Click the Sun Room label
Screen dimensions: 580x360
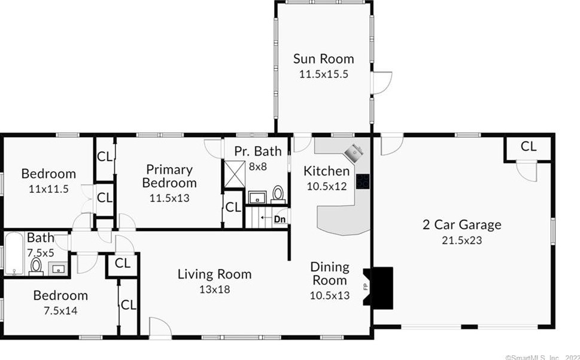[x=323, y=59]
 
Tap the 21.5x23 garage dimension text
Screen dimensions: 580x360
[x=462, y=240]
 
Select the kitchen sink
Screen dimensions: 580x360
[x=354, y=152]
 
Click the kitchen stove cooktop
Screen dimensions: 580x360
[x=363, y=181]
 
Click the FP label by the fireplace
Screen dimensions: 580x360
[x=366, y=286]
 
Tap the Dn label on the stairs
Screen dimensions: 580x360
[x=280, y=219]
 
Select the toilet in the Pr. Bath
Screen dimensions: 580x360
[x=278, y=195]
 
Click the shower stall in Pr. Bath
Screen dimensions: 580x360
[x=235, y=174]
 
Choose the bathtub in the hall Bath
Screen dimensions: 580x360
[x=14, y=254]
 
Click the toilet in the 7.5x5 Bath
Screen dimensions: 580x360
[x=36, y=267]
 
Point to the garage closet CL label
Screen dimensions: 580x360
[x=528, y=147]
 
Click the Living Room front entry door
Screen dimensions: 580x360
[x=160, y=328]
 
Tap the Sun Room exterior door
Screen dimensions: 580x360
[x=381, y=83]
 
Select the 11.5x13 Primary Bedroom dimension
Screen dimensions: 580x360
[x=169, y=198]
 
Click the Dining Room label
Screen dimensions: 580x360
[x=330, y=273]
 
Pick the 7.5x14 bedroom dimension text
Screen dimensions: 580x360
[x=60, y=311]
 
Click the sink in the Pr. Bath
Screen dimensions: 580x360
[x=257, y=197]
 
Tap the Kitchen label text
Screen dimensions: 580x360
[x=327, y=171]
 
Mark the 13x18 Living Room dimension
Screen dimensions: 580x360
[x=214, y=289]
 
